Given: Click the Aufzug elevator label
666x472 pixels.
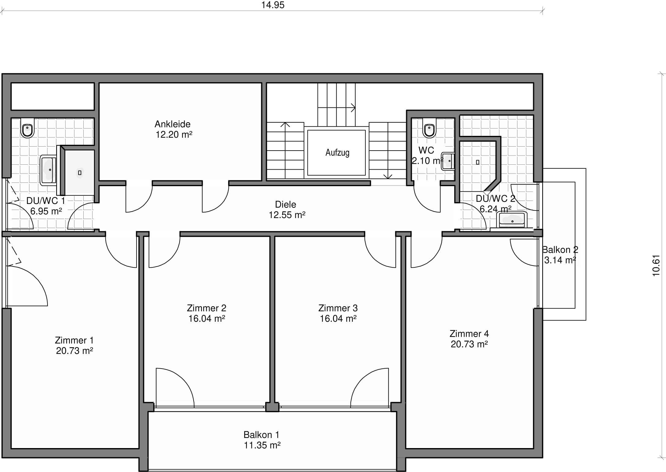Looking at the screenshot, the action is click(337, 152).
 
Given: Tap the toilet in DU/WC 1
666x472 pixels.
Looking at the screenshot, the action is click(27, 128).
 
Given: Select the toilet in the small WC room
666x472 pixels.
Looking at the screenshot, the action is click(429, 128).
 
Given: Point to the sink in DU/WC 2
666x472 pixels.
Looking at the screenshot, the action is click(512, 220).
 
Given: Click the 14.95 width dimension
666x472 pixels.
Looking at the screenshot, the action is click(273, 5).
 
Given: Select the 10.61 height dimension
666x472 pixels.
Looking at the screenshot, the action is click(656, 266).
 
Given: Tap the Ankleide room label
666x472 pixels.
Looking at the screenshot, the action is click(172, 124).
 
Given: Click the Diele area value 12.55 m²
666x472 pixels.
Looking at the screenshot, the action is click(287, 215).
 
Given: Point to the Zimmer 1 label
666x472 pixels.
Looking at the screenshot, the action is click(74, 340).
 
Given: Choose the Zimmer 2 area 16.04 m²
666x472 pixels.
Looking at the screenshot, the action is click(207, 318).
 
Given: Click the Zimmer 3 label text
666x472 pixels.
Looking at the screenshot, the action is click(338, 308).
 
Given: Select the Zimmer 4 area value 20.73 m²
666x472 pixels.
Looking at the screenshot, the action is click(469, 344).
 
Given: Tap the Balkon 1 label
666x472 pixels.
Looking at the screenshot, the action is click(261, 435).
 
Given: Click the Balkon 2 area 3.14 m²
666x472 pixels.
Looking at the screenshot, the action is click(560, 260).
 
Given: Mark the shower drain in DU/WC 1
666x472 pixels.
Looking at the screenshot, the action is click(80, 173).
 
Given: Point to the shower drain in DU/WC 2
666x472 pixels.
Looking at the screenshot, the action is click(478, 162).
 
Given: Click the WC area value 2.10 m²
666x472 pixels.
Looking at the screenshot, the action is click(428, 161).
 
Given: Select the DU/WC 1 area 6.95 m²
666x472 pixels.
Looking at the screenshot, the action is click(46, 211).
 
